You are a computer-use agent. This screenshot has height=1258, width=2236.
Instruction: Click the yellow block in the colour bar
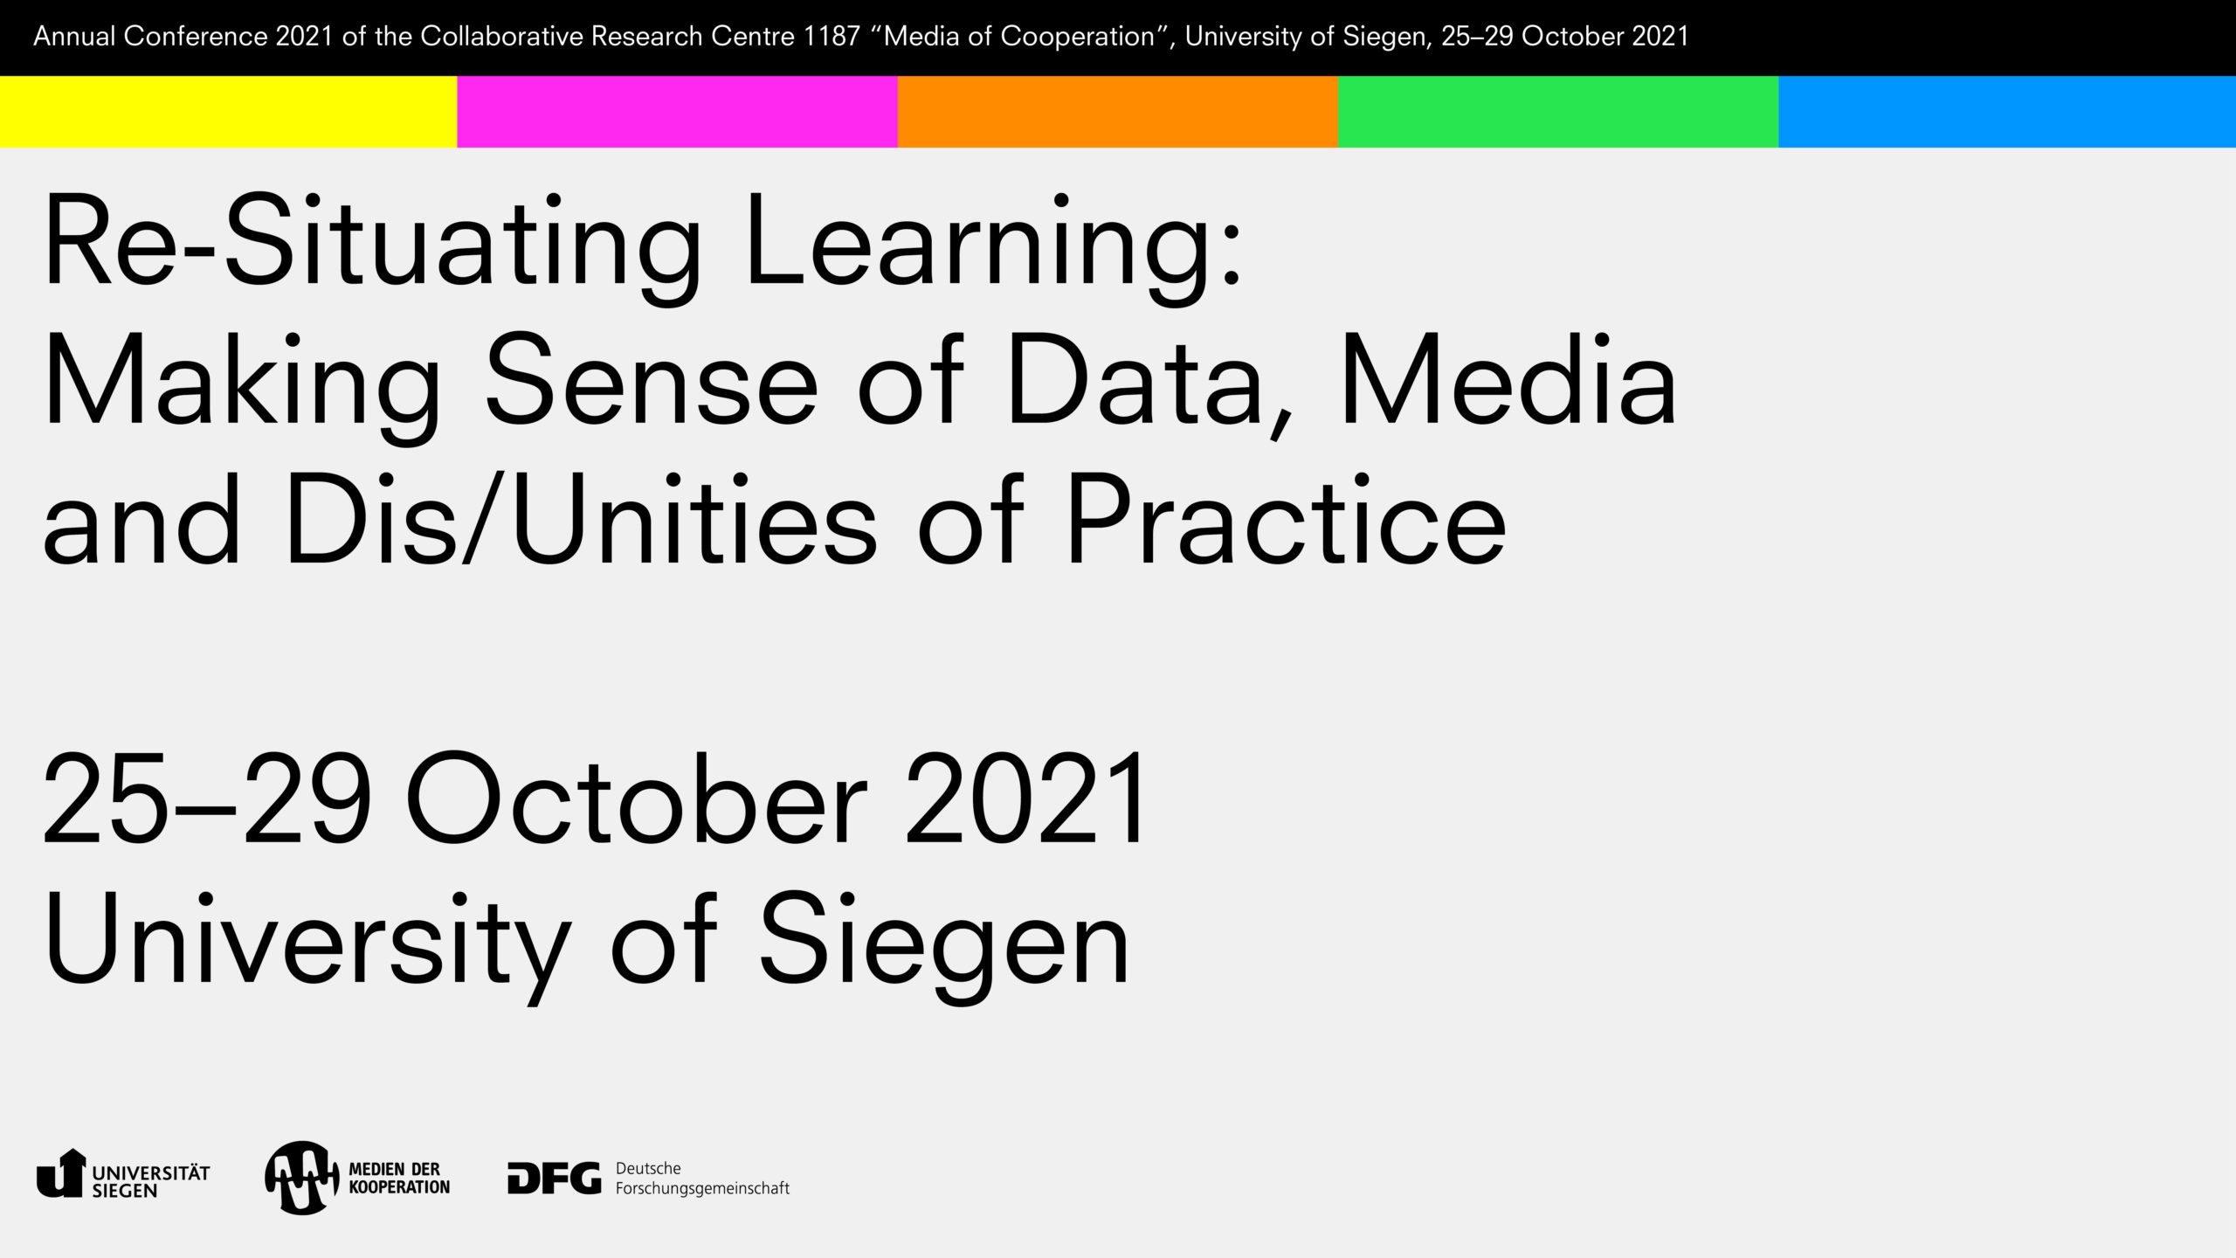(228, 112)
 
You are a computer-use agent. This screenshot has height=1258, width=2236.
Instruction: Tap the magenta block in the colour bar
(677, 112)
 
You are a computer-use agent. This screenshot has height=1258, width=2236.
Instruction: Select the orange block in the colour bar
(1118, 112)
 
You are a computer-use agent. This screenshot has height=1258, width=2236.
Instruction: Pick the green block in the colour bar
(1558, 112)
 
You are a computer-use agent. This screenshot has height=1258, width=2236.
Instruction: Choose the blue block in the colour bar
(2007, 112)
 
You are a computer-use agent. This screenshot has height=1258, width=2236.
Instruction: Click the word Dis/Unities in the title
(580, 520)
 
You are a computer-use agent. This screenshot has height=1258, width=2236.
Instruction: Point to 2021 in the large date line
(1025, 798)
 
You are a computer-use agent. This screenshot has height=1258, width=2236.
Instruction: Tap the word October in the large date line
(637, 798)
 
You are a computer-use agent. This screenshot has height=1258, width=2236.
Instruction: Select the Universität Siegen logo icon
(61, 1173)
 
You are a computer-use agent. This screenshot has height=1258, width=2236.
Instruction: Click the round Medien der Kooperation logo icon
(302, 1178)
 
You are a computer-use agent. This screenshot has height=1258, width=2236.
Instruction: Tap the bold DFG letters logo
(555, 1178)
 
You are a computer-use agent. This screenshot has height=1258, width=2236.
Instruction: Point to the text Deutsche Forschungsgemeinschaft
(702, 1179)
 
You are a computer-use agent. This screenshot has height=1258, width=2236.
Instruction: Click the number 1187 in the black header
(832, 37)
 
